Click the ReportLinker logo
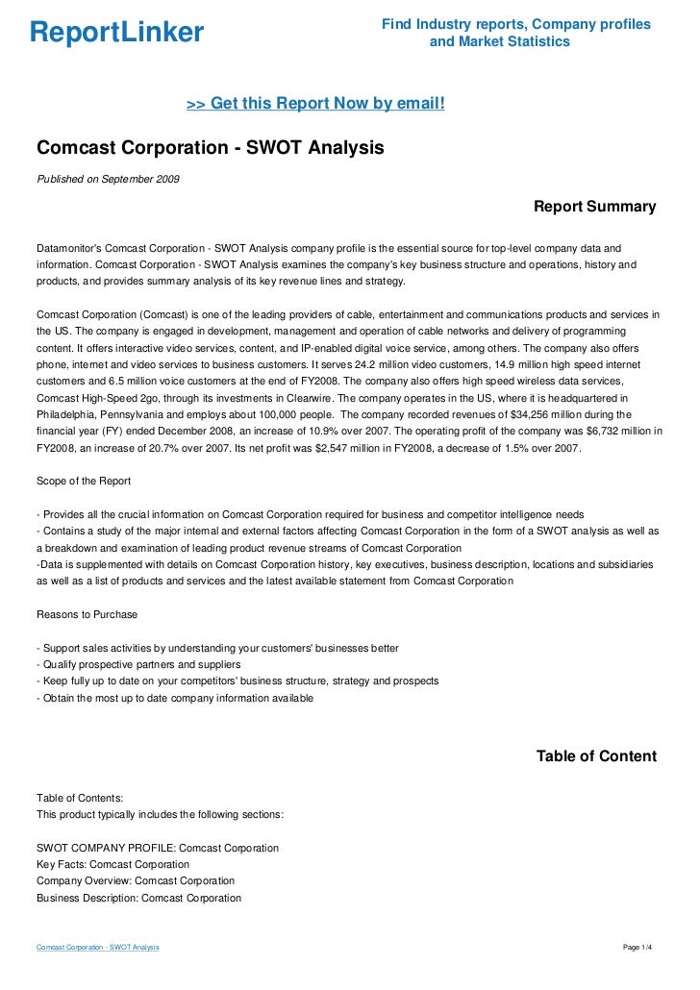point(116,33)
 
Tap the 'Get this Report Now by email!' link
point(315,103)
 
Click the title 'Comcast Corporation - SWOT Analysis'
point(210,148)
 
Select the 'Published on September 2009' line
point(108,179)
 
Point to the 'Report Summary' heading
point(594,207)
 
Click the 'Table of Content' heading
point(596,756)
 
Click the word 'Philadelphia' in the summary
point(68,414)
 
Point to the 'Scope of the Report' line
point(84,481)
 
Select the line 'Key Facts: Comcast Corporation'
point(112,864)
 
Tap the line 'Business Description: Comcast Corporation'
point(138,898)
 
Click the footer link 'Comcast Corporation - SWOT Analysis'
point(97,948)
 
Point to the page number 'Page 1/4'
point(638,948)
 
